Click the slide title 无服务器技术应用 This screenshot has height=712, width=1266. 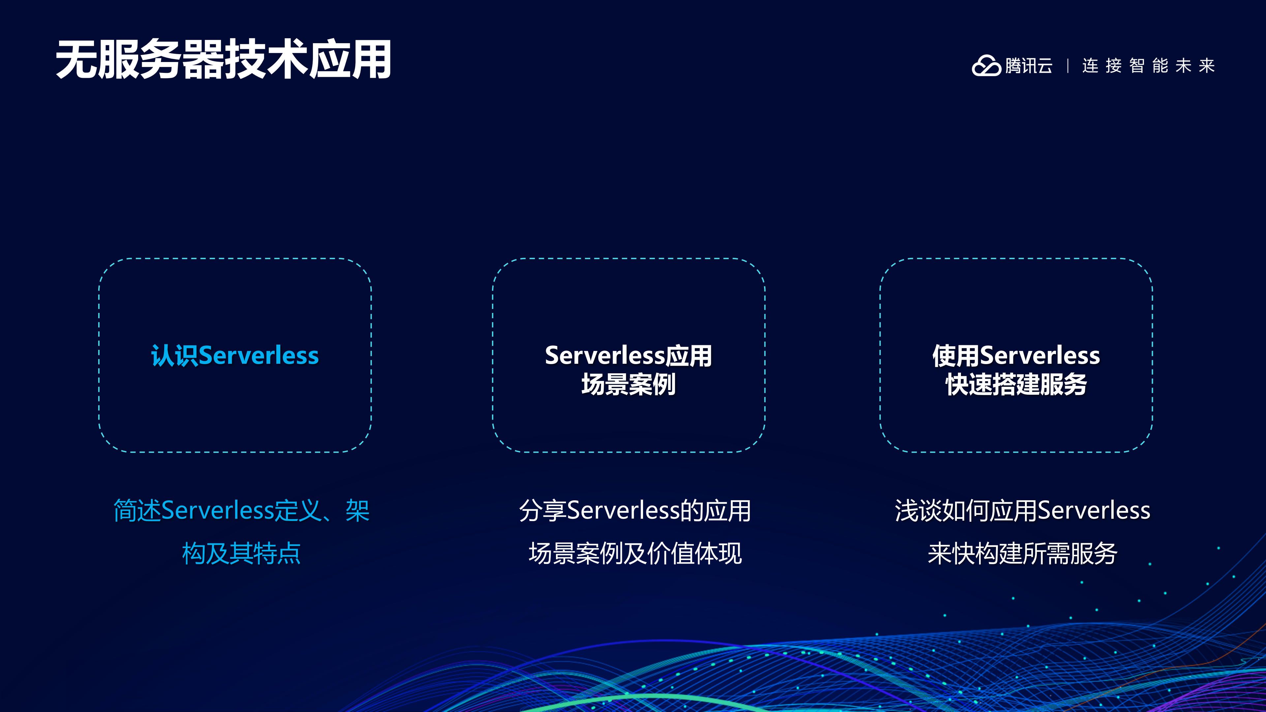point(224,60)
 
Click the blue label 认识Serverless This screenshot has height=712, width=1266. point(235,355)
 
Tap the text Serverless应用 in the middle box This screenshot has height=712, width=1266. point(628,355)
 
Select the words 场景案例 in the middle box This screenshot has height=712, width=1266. point(628,384)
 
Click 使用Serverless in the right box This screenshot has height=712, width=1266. point(1016,355)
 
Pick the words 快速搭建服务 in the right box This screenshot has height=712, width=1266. point(1016,384)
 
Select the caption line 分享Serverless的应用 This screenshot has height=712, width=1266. point(634,511)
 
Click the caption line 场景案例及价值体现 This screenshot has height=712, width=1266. point(634,553)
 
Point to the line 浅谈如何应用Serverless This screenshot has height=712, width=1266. point(1022,511)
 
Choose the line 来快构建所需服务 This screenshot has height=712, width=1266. point(1022,553)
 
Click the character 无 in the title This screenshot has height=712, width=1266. point(76,60)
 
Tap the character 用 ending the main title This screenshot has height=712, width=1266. point(371,60)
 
